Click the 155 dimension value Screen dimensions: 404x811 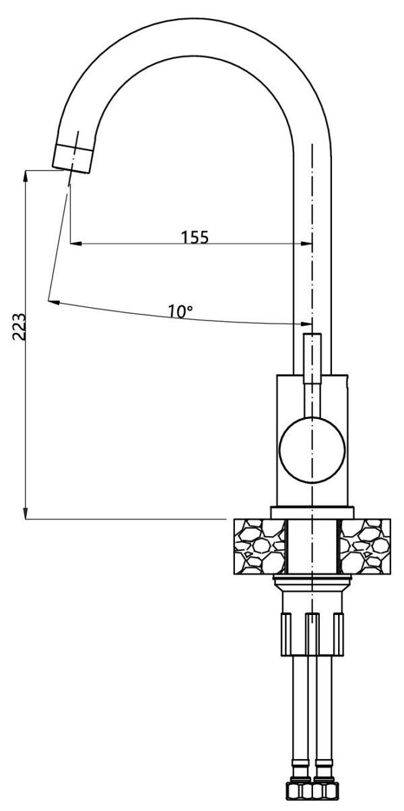pos(195,237)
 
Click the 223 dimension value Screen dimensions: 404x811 pos(19,327)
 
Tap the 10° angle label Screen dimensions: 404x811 pos(180,311)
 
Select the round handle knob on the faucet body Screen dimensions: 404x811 pos(312,450)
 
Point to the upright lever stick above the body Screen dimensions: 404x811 pos(312,358)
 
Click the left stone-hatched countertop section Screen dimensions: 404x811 pos(259,546)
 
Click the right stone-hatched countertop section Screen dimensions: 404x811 pos(365,546)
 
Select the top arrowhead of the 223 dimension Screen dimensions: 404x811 pos(26,176)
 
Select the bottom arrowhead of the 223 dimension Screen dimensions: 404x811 pos(26,513)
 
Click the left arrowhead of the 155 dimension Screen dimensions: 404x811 pos(75,243)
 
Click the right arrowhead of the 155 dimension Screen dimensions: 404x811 pos(306,243)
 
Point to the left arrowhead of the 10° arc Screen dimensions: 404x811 pos(54,302)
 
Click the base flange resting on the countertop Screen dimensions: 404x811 pos(312,513)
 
